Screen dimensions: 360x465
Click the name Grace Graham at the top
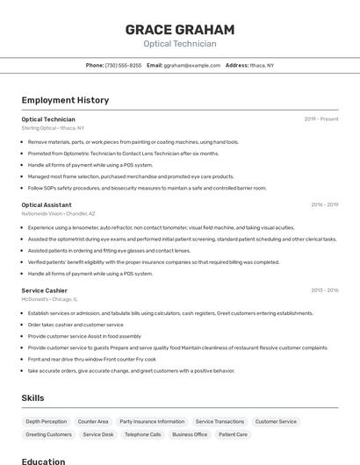point(180,29)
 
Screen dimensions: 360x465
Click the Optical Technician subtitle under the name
point(180,44)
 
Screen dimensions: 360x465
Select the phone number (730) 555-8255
point(123,65)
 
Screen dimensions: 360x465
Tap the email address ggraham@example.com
point(191,65)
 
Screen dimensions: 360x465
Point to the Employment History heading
point(65,100)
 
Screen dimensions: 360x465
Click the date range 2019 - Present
point(321,119)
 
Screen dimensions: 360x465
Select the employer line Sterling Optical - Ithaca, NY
point(53,128)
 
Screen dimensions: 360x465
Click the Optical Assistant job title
point(47,204)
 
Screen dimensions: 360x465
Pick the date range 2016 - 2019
point(324,204)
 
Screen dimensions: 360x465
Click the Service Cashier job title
point(44,290)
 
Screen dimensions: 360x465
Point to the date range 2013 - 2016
point(324,290)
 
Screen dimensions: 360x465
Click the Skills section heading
point(32,397)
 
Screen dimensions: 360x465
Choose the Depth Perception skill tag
point(46,421)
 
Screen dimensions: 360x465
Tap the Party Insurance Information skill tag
point(152,421)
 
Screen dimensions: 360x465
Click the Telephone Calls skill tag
point(142,434)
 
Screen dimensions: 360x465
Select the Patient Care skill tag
point(233,434)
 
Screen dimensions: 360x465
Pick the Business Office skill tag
point(190,434)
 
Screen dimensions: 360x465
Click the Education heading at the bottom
point(43,461)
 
